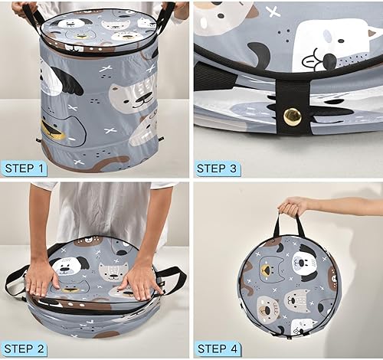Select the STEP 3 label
221,168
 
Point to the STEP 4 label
221,349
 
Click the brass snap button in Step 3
292,116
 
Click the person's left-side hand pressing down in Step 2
43,280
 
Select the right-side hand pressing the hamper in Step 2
142,280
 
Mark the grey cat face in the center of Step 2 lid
112,271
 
